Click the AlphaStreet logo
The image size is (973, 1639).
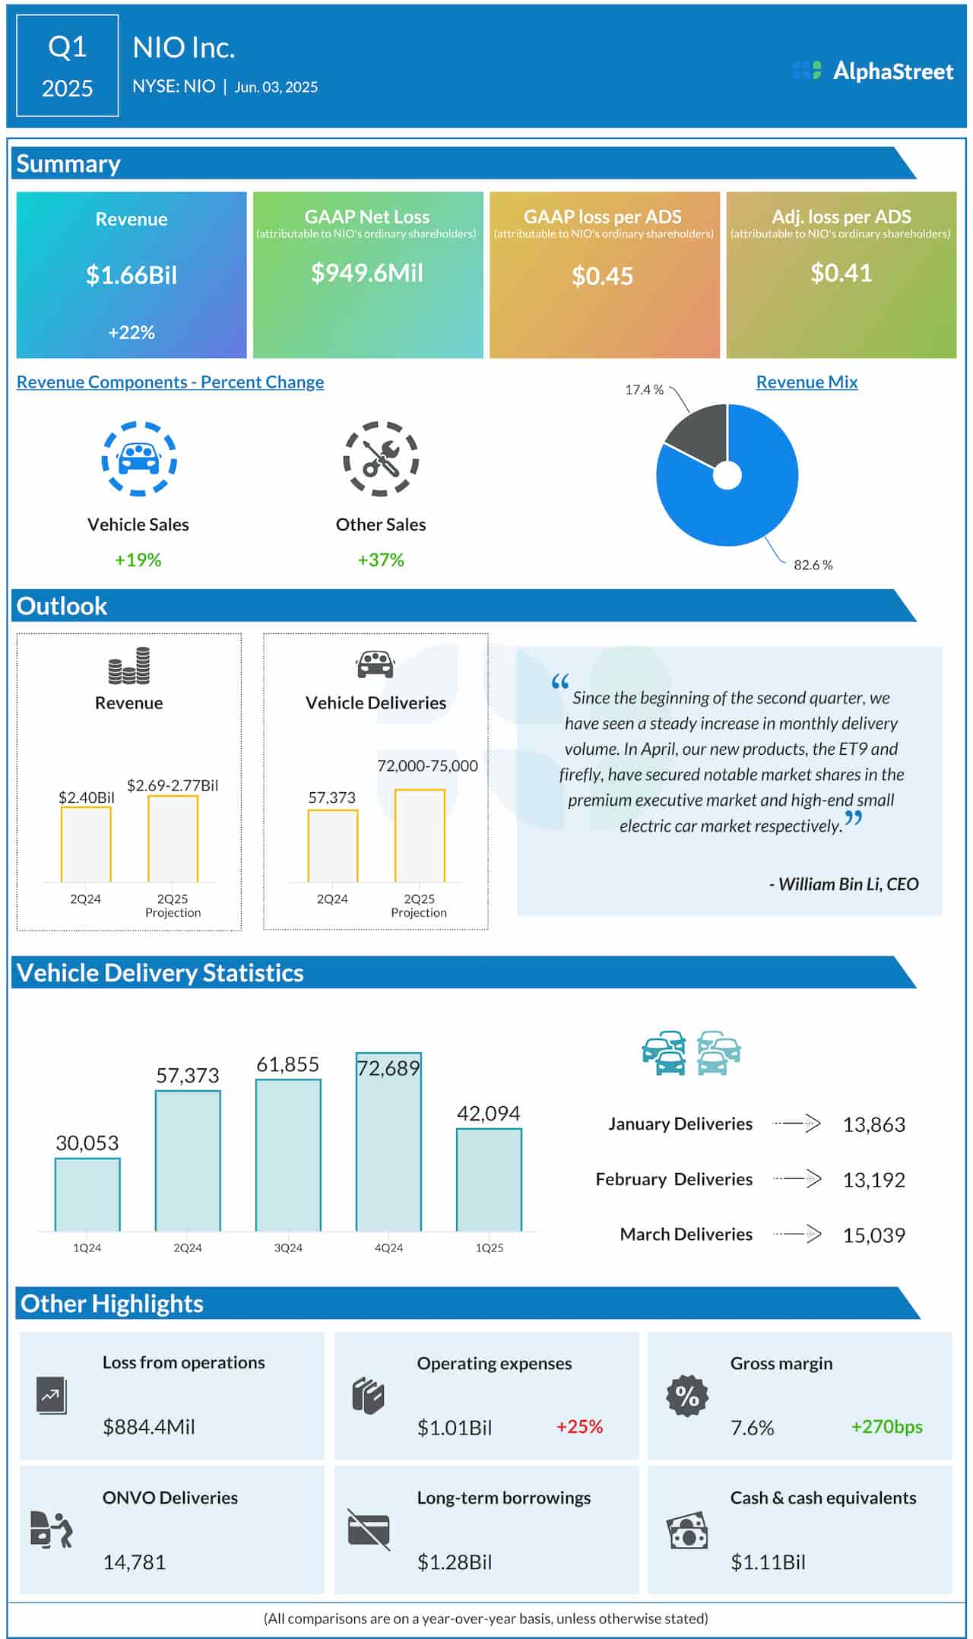coord(872,71)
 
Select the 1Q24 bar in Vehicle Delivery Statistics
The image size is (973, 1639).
coord(87,1194)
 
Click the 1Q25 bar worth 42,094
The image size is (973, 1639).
coord(489,1179)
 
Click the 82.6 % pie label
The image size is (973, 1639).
coord(813,565)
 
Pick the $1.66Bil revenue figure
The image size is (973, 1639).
coord(132,275)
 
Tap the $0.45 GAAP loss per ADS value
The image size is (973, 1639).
coord(602,276)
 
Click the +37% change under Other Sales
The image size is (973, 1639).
coord(381,560)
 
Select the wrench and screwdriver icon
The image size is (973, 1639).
coord(381,459)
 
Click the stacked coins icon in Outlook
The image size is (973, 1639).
coord(128,666)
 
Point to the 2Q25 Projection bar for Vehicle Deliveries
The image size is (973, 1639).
coord(420,836)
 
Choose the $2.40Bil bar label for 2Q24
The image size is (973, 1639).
coord(86,797)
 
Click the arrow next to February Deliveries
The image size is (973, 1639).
coord(797,1179)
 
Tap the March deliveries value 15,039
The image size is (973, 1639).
coord(873,1235)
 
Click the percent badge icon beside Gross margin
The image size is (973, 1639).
coord(687,1396)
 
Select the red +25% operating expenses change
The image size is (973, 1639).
coord(579,1427)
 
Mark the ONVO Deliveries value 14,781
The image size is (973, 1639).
coord(134,1562)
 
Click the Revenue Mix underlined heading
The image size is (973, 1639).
coord(807,382)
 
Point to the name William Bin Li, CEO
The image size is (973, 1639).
coord(844,884)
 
